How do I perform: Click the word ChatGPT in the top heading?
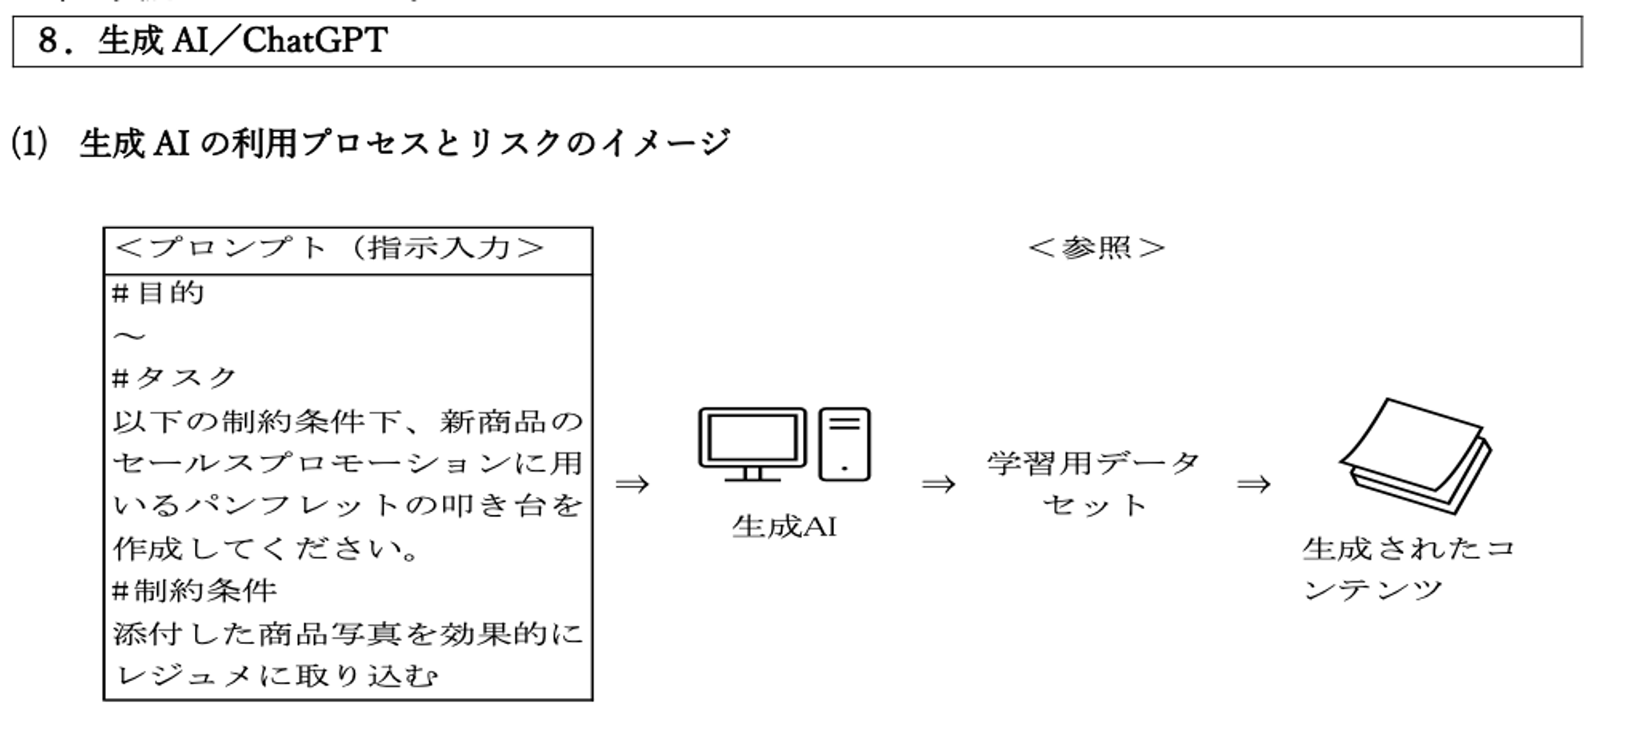pos(314,41)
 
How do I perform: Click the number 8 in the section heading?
pos(47,41)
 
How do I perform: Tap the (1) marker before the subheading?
pos(29,143)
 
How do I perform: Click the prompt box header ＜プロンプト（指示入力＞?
pos(330,248)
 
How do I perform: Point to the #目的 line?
pos(158,293)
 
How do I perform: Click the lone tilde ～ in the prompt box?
pos(129,337)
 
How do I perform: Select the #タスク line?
pos(174,378)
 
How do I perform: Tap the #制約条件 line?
pos(194,591)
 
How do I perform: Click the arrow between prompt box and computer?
pos(632,484)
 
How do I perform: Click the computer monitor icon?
pos(752,444)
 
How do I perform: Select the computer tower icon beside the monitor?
pos(845,444)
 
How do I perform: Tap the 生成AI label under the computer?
pos(784,526)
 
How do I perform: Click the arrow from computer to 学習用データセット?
pos(938,484)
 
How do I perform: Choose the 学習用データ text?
pos(1093,463)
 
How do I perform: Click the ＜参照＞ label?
pos(1097,248)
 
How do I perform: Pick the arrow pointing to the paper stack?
pos(1254,484)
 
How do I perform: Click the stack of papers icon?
pos(1416,456)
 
